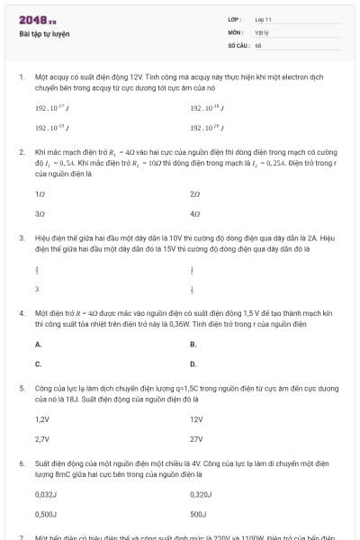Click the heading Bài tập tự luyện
tap(44, 34)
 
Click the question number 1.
tap(21, 77)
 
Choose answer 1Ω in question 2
tap(40, 193)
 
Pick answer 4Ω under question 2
tap(195, 214)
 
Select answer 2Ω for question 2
tap(195, 193)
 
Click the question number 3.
tap(21, 238)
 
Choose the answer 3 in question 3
tap(37, 289)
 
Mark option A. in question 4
tap(38, 344)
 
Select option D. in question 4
tap(193, 364)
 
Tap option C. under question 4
tap(38, 364)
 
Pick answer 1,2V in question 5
tap(41, 418)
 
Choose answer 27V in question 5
tap(197, 439)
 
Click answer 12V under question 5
tap(197, 418)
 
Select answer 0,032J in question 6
tap(46, 494)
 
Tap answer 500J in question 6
tap(199, 515)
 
